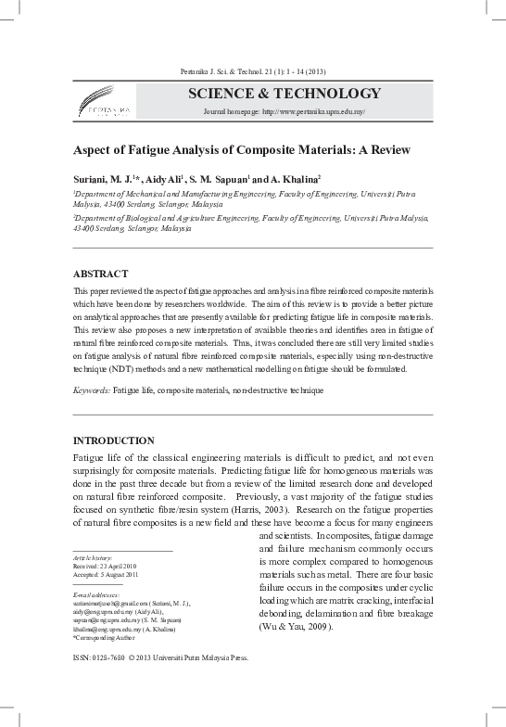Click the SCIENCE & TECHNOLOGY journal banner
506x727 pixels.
(285, 94)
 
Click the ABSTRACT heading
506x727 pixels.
(103, 274)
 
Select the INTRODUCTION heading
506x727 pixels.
(114, 440)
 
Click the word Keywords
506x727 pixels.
(91, 392)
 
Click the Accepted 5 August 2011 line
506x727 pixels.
(107, 573)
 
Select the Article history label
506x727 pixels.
(93, 556)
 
